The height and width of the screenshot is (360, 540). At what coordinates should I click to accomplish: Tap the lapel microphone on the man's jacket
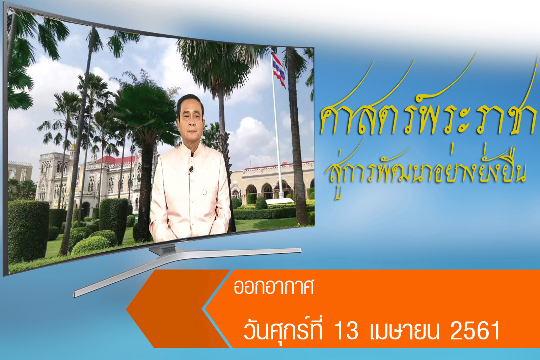point(191,169)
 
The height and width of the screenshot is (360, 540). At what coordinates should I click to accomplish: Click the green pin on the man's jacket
point(205,192)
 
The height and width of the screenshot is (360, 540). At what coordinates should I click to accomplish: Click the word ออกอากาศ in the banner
point(274,287)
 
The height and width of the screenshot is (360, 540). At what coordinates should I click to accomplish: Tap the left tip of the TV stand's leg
point(75,294)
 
